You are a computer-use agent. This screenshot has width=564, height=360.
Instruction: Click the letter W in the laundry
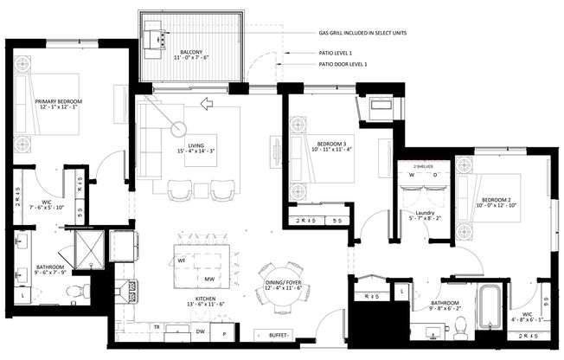[410, 174]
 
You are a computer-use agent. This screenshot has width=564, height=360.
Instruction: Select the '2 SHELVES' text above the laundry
[422, 164]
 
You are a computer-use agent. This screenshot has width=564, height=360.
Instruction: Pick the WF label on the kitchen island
[182, 260]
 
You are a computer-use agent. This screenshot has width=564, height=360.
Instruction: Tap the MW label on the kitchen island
[209, 279]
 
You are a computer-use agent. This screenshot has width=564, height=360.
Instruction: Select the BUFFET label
[277, 335]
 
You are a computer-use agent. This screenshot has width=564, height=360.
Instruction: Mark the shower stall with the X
[87, 247]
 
